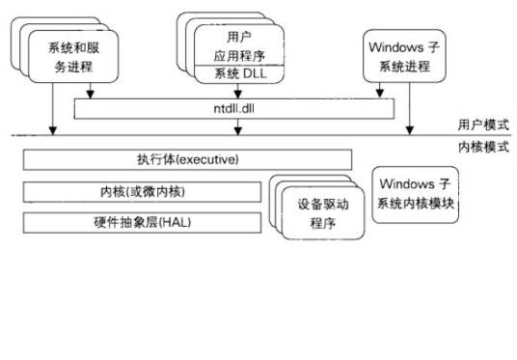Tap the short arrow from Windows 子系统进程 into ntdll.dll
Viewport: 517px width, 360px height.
point(377,92)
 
